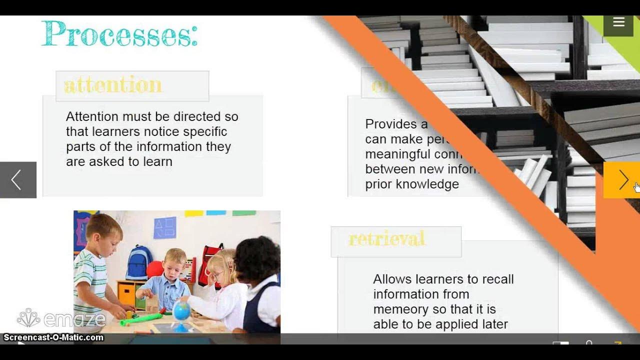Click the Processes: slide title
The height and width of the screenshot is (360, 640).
click(119, 34)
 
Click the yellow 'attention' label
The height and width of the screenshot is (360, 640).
click(113, 85)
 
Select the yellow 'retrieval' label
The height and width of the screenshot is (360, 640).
click(386, 239)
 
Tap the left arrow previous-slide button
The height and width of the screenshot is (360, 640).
click(17, 180)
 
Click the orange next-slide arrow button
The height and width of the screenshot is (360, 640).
click(621, 180)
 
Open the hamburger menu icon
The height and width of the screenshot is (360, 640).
click(619, 22)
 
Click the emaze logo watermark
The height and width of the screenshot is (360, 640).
click(61, 318)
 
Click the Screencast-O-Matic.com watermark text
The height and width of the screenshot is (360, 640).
click(53, 337)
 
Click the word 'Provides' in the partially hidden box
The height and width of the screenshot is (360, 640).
click(389, 124)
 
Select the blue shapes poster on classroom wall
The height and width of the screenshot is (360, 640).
click(164, 228)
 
